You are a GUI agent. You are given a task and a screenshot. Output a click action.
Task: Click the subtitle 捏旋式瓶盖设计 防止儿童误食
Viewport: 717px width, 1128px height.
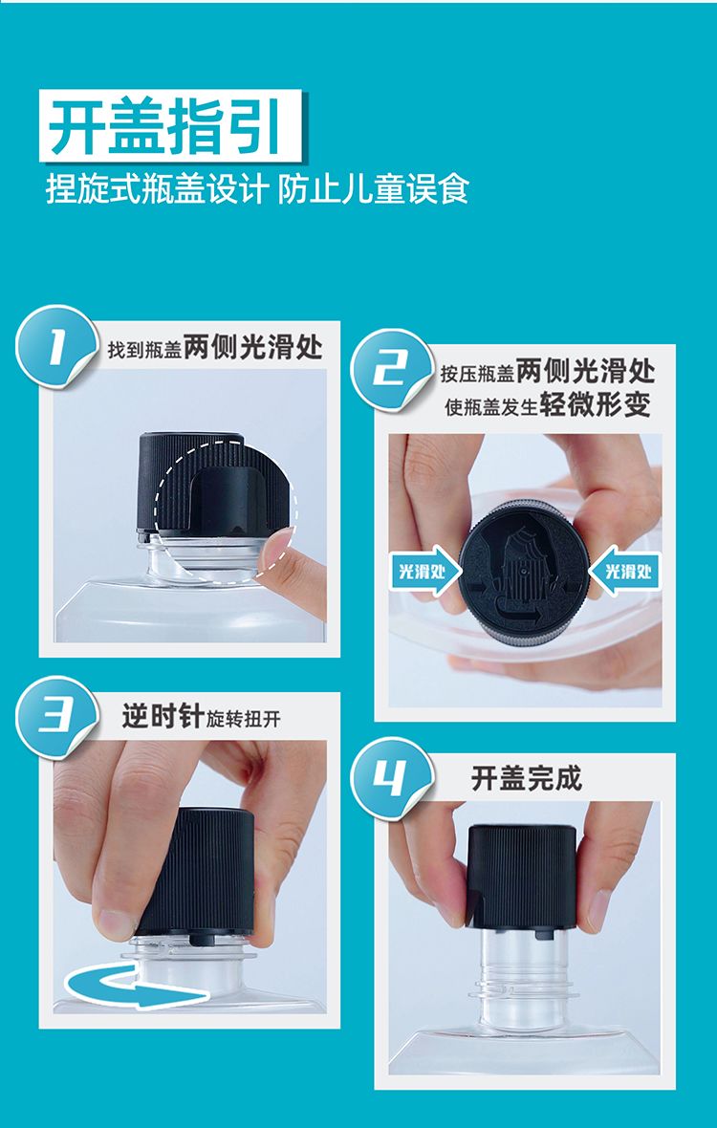(x=257, y=188)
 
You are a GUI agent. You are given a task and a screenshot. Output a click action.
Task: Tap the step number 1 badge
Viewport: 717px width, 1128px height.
(x=57, y=347)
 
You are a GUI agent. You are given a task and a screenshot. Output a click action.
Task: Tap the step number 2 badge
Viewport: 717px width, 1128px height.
(x=393, y=371)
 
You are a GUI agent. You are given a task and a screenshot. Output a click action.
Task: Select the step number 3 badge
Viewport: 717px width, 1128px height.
(x=57, y=718)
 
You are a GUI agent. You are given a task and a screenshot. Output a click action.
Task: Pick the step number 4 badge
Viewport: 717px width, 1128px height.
(x=393, y=779)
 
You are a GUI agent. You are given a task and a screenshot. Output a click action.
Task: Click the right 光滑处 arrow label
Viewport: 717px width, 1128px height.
(x=625, y=572)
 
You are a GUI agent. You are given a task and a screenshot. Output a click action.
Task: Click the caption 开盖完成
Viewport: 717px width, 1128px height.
(x=527, y=778)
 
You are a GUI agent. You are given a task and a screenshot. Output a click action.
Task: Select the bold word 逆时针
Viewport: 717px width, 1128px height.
(x=163, y=717)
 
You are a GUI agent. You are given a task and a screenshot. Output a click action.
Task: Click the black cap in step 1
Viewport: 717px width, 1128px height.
(x=213, y=484)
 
